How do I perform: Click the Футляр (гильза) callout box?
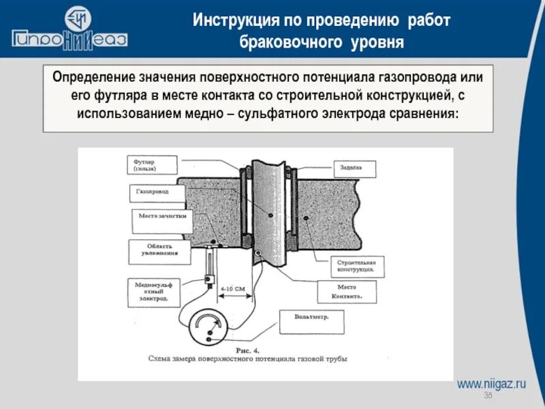(152, 165)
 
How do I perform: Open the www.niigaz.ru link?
(491, 384)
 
